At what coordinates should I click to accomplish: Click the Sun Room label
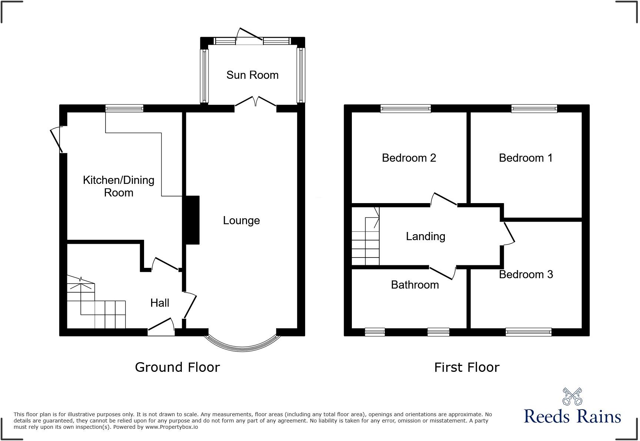(x=252, y=75)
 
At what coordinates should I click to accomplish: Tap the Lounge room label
(x=241, y=220)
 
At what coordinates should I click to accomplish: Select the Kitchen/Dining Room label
(x=119, y=186)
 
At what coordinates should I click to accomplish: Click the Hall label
(x=160, y=303)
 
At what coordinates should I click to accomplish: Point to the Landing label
(x=425, y=236)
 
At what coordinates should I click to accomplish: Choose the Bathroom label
(x=415, y=285)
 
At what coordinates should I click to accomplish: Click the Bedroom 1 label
(x=526, y=158)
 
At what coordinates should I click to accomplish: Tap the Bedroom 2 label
(x=409, y=158)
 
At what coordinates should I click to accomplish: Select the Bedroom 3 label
(x=526, y=275)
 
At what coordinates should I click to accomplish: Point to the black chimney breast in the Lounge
(x=192, y=220)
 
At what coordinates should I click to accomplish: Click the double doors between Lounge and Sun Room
(x=255, y=102)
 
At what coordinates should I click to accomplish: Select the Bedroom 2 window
(x=406, y=108)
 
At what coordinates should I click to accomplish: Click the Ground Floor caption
(x=177, y=367)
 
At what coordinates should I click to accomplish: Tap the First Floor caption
(x=467, y=367)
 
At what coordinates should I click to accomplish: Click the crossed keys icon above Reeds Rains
(x=572, y=397)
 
